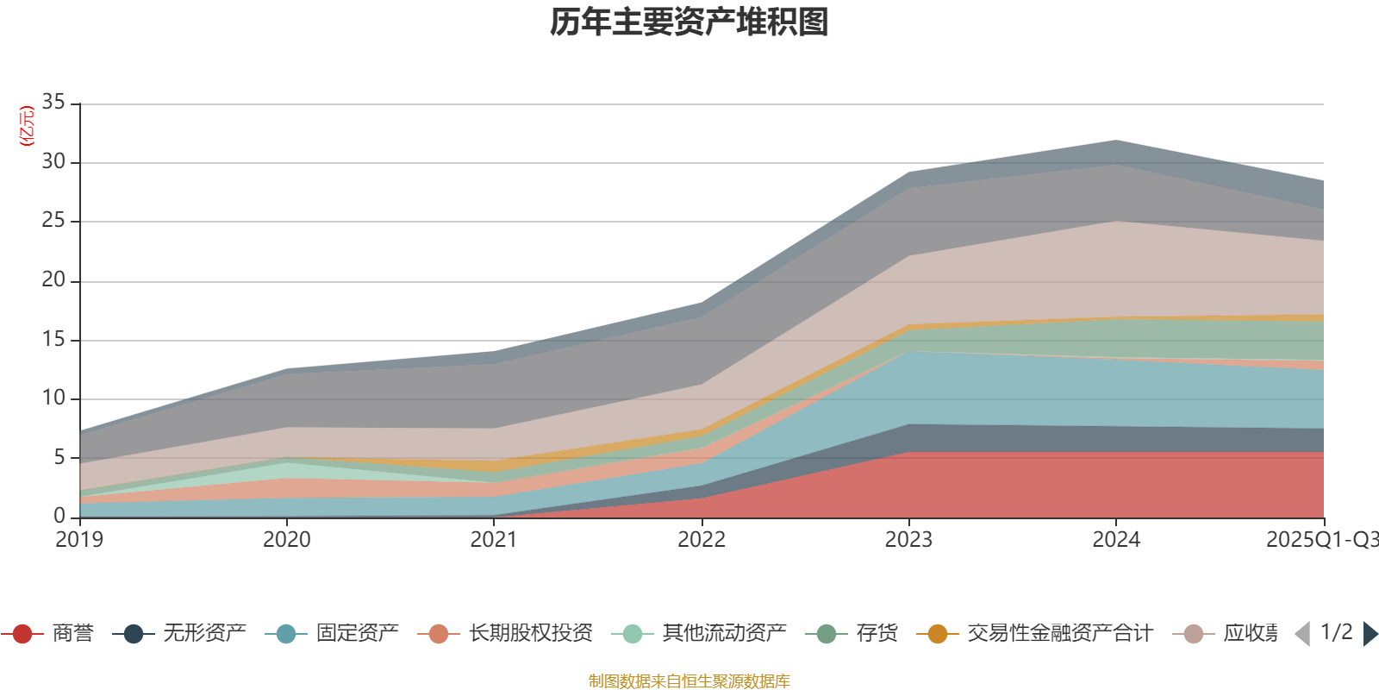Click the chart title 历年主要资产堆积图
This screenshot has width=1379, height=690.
(689, 22)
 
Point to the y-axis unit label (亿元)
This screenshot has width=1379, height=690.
(27, 126)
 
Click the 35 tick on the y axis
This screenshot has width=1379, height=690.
(53, 103)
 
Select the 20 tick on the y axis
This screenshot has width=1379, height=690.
(53, 280)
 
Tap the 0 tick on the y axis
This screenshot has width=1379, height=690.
(59, 516)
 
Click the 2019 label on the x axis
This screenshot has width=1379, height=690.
(79, 540)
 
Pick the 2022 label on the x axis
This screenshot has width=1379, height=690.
(702, 540)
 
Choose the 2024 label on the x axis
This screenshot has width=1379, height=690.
(1116, 540)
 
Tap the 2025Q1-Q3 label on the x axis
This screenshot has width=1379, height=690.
(1320, 540)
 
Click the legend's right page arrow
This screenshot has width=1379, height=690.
(1370, 634)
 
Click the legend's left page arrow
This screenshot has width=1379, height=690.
(1302, 634)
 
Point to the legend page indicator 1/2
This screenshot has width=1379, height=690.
(1336, 632)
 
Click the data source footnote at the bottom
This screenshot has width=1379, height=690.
(689, 681)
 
